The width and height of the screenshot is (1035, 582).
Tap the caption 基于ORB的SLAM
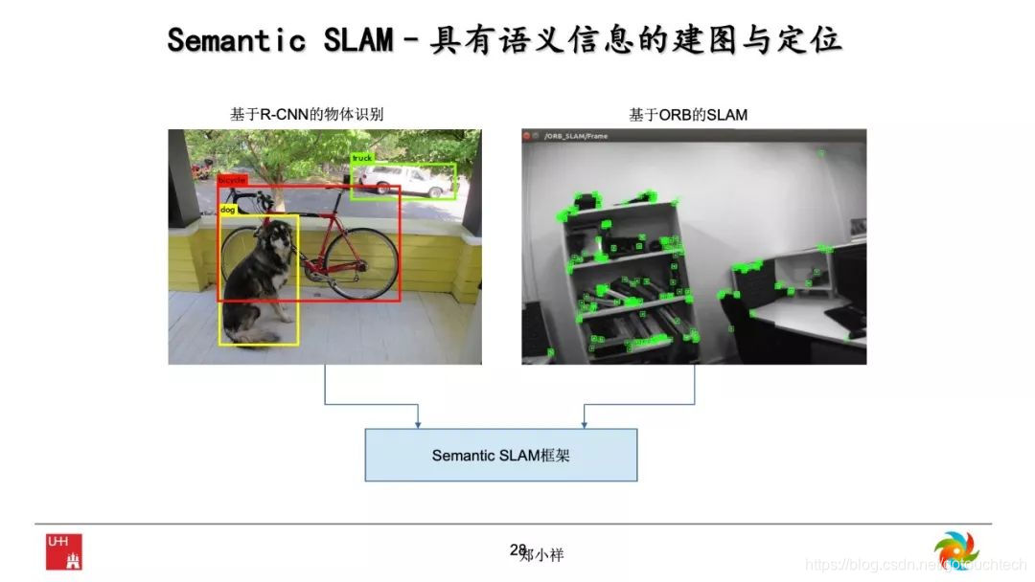[688, 115]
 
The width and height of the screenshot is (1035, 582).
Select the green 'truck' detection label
[362, 158]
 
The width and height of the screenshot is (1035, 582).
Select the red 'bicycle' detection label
[232, 180]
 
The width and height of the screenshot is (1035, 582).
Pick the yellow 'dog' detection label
[228, 209]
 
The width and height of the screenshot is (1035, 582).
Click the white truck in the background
[402, 180]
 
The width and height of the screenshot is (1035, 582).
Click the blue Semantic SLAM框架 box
[500, 455]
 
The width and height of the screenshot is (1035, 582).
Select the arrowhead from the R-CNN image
[418, 422]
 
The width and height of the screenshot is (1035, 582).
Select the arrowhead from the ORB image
[585, 422]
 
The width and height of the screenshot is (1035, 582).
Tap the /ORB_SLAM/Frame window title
[576, 136]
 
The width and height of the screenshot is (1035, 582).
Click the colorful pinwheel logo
[956, 550]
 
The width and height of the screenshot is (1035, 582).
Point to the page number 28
[517, 549]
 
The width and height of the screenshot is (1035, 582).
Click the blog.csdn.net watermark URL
[896, 566]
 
